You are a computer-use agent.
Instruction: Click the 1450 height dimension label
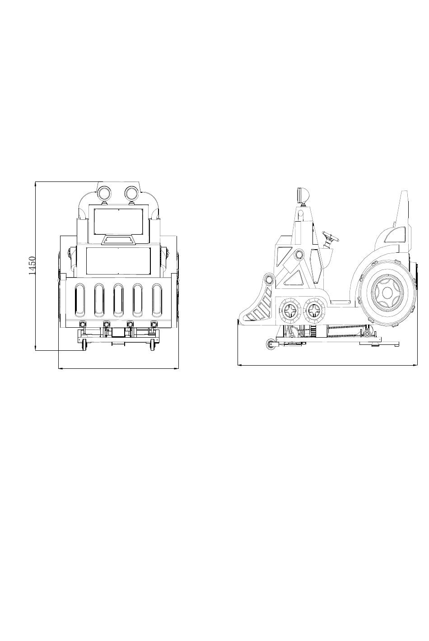pyautogui.click(x=32, y=265)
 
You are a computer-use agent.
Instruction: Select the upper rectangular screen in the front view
pyautogui.click(x=118, y=221)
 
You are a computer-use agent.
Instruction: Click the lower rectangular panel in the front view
pyautogui.click(x=118, y=260)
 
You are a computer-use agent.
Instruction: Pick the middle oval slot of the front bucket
pyautogui.click(x=118, y=300)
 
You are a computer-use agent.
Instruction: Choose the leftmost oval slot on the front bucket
pyautogui.click(x=80, y=300)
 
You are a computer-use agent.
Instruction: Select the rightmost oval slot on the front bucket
pyautogui.click(x=157, y=300)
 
